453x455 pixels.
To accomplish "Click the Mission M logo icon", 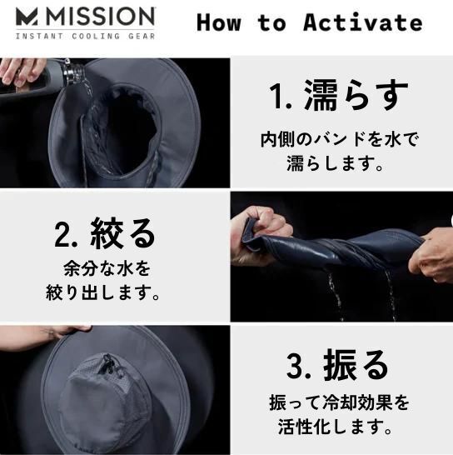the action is pyautogui.click(x=27, y=17).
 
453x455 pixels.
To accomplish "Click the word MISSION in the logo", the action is pyautogui.click(x=101, y=17).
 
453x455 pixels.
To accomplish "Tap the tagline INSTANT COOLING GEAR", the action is pyautogui.click(x=85, y=37).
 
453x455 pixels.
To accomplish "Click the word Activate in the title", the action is pyautogui.click(x=362, y=22).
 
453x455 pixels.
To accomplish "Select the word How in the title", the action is pyautogui.click(x=219, y=22).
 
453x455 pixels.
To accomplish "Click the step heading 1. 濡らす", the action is pyautogui.click(x=338, y=95).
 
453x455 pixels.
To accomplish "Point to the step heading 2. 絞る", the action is pyautogui.click(x=104, y=233).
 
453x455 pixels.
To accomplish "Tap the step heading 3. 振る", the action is pyautogui.click(x=337, y=365).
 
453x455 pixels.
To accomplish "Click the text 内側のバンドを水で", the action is pyautogui.click(x=340, y=139).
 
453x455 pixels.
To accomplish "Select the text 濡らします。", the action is pyautogui.click(x=336, y=163).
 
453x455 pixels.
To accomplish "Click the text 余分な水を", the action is pyautogui.click(x=107, y=268).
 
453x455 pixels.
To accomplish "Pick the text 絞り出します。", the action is pyautogui.click(x=102, y=292).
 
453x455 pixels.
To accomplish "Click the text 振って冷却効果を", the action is pyautogui.click(x=339, y=402).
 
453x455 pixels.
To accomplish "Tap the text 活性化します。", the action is pyautogui.click(x=336, y=427).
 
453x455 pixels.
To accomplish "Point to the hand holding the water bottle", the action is pyautogui.click(x=22, y=72).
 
